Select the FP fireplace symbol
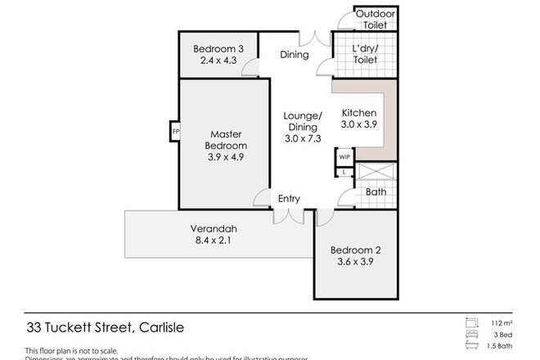pyautogui.click(x=175, y=132)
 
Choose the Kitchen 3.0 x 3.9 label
pyautogui.click(x=358, y=119)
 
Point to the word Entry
pyautogui.click(x=288, y=199)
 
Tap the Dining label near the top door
pyautogui.click(x=294, y=56)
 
